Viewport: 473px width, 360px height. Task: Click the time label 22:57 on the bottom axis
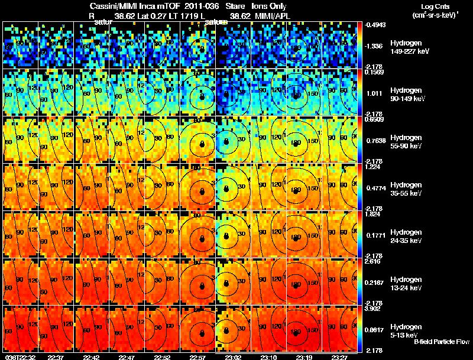(x=198, y=357)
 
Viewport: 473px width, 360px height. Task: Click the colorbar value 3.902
(x=373, y=308)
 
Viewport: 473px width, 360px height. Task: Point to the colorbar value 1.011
(x=372, y=93)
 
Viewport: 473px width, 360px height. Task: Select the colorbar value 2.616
(x=373, y=261)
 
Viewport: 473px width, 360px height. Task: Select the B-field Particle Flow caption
(x=442, y=342)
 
